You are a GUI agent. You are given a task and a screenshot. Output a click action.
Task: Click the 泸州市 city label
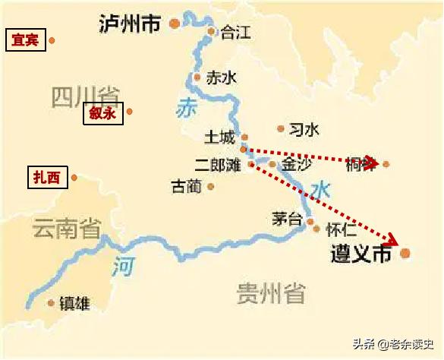coord(130,24)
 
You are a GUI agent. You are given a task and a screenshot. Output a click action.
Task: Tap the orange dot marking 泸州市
coord(175,24)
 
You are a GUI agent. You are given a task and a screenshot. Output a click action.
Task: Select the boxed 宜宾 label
coord(25,40)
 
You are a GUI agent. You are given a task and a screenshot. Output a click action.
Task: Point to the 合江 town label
coord(235,33)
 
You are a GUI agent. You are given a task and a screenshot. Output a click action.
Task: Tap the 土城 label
coord(220,137)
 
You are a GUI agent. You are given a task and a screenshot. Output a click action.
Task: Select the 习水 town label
coord(304,130)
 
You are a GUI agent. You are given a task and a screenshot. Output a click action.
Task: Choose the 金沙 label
coord(296,164)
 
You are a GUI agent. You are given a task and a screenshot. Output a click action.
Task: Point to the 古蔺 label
coord(187,186)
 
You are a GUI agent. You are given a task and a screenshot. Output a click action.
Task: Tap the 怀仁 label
coord(340,226)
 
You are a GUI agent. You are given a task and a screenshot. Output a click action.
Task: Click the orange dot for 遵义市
coord(405,253)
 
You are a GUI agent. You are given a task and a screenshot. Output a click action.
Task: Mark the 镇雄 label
coord(74,304)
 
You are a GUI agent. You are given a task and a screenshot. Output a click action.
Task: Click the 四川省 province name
coord(85,97)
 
